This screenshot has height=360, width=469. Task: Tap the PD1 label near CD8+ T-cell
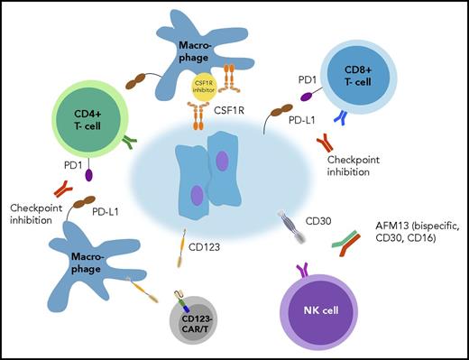[308, 81]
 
